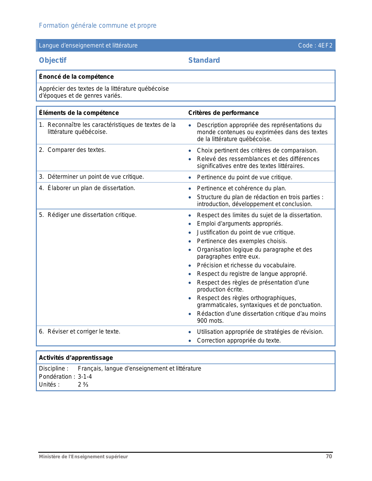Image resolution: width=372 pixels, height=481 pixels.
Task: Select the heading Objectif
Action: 53,60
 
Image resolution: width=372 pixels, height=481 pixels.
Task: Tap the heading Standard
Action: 204,60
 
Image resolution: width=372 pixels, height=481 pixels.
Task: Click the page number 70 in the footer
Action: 329,457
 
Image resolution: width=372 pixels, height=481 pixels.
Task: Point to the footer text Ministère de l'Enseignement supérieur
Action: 83,457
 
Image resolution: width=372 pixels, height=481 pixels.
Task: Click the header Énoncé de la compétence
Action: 76,77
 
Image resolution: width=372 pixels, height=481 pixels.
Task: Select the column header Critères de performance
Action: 223,113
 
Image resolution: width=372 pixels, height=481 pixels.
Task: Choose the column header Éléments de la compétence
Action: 79,113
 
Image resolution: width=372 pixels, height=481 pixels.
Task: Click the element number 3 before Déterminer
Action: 41,177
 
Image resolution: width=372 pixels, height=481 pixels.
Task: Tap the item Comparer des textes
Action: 76,150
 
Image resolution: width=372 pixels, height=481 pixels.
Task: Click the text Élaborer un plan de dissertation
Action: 91,188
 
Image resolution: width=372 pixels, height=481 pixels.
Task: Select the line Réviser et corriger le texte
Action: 84,331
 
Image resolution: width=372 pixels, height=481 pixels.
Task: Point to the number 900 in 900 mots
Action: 202,321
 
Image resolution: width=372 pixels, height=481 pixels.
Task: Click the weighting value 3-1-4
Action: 85,377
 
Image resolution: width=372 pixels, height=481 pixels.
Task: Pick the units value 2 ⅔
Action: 83,385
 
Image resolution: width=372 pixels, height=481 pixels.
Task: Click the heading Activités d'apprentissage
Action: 76,358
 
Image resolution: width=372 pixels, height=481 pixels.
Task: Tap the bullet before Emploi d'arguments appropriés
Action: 190,224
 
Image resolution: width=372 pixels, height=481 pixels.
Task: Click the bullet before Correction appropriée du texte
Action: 190,341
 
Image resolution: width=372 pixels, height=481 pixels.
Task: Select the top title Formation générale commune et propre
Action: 97,26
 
